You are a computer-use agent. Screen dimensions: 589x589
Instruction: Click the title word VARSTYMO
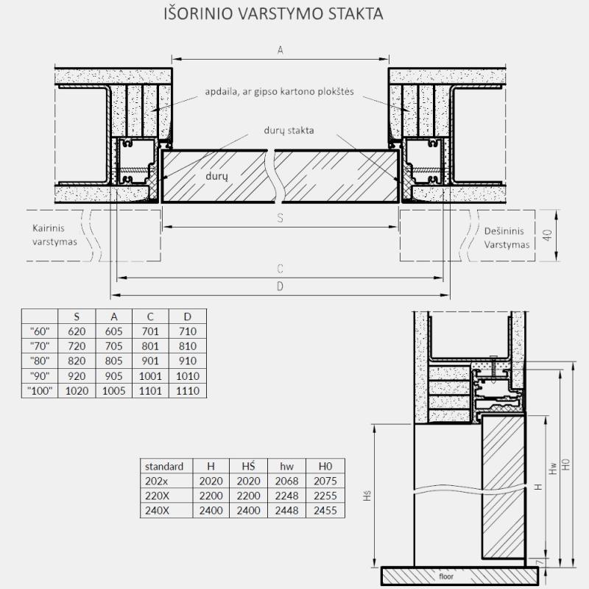281,14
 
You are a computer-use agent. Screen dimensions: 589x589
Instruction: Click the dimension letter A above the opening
281,50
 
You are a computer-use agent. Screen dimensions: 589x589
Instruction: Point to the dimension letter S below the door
281,218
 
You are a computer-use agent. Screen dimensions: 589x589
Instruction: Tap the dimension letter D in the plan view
280,286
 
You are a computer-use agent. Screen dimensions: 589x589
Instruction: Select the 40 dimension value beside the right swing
548,236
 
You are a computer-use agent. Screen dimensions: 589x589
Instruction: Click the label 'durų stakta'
289,130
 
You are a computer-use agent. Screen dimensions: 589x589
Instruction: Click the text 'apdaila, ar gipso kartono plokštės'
280,91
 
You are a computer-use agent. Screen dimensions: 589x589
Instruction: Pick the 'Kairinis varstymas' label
54,235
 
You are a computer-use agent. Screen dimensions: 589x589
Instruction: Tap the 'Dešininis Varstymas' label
507,238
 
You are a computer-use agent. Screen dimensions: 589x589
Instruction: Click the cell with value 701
150,331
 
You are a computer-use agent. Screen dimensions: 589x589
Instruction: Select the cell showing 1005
113,391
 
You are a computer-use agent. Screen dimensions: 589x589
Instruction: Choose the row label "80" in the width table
40,361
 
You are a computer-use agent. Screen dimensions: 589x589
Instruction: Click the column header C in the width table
150,317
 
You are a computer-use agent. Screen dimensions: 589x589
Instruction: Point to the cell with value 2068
286,482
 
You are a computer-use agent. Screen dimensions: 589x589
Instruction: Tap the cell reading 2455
325,511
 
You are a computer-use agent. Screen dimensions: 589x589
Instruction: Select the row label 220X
157,495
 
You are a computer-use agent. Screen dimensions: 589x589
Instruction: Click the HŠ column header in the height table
248,466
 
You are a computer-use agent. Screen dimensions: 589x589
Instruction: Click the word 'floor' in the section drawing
446,576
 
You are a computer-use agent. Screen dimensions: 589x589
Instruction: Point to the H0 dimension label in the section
566,465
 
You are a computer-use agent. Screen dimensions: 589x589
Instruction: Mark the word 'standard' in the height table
164,467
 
